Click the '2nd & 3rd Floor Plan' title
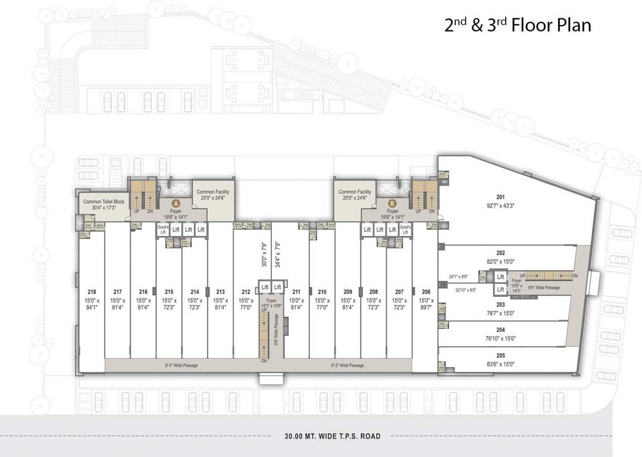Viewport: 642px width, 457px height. tap(518, 26)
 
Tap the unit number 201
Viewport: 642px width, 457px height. tap(500, 197)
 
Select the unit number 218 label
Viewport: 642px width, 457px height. tap(92, 292)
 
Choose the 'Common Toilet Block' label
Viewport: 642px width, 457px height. tap(104, 202)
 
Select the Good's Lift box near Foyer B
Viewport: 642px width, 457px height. tap(405, 230)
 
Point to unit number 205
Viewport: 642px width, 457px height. tap(500, 355)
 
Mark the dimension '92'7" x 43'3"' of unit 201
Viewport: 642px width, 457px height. tap(500, 205)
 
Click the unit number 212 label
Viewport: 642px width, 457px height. tap(246, 292)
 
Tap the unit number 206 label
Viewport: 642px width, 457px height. tap(425, 292)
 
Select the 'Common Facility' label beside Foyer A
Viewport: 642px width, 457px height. tap(213, 192)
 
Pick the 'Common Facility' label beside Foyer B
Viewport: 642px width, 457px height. tap(355, 192)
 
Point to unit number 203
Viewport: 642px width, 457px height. tap(500, 304)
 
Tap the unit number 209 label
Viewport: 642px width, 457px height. tap(348, 292)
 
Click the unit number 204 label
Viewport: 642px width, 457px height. tap(500, 330)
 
